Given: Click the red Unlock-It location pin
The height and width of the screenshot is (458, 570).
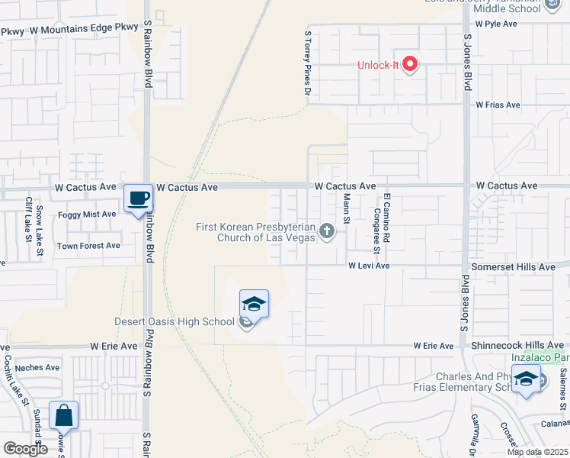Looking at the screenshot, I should click(x=410, y=64).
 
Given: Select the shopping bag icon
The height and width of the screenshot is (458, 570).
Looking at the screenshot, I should click(x=63, y=416).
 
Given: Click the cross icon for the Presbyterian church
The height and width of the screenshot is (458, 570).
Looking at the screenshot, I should click(x=327, y=231).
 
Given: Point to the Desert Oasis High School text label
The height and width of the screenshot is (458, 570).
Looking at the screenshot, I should click(x=175, y=321).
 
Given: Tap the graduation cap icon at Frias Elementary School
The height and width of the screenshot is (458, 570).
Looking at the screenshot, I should click(x=526, y=379).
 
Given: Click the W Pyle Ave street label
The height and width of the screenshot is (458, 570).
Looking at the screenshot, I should click(x=496, y=24).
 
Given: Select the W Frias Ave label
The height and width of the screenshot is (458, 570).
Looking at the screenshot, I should click(x=498, y=105).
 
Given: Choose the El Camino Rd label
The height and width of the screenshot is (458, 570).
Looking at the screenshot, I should click(x=387, y=217).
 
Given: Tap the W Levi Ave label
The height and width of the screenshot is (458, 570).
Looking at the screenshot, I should click(x=369, y=266).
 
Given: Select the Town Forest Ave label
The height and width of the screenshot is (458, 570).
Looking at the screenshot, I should click(x=88, y=246).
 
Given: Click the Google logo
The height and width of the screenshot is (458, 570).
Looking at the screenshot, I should click(x=25, y=449).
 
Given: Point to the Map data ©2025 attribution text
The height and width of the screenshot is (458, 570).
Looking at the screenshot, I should click(x=538, y=452).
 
